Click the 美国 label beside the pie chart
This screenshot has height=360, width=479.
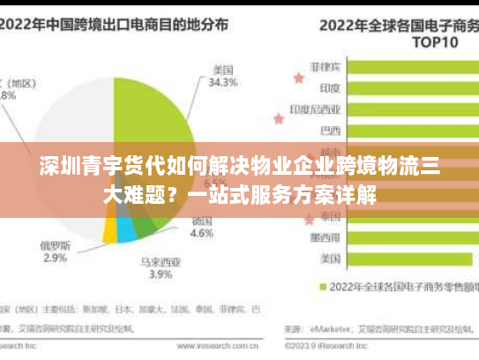[222, 69]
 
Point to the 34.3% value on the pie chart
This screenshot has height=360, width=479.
[223, 83]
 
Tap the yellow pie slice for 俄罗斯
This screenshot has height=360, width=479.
[110, 230]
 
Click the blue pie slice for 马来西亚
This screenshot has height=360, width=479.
[127, 229]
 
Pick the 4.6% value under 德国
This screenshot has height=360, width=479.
[202, 235]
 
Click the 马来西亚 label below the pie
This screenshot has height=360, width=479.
[160, 262]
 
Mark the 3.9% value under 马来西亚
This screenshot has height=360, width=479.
[160, 275]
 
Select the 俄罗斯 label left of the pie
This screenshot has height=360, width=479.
[55, 244]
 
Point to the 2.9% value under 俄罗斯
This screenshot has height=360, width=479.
[55, 258]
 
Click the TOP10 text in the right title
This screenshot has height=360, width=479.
[437, 41]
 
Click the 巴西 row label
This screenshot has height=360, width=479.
[330, 131]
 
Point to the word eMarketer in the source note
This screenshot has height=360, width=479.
[327, 329]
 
